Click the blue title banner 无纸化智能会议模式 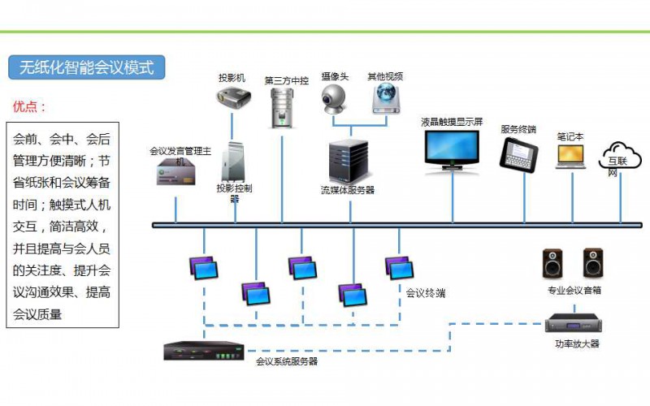tap(87, 67)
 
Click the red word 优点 tap(29, 106)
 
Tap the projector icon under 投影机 tap(232, 99)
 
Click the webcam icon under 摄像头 tap(334, 99)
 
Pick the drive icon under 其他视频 tap(385, 99)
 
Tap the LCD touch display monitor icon tap(453, 149)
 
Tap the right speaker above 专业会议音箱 tap(593, 264)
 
